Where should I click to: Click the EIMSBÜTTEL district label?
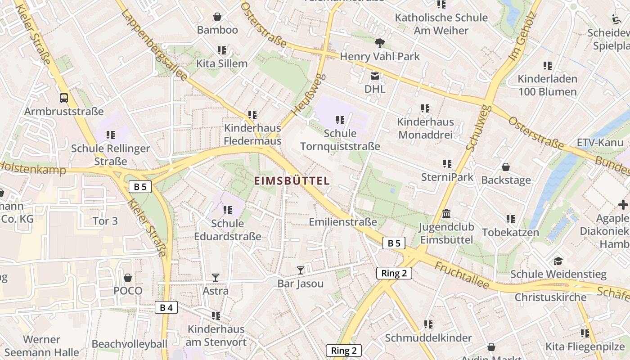click(292, 181)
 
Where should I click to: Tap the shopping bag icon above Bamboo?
click(217, 17)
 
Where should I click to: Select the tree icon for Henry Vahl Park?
click(380, 43)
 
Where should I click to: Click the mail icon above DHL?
click(374, 76)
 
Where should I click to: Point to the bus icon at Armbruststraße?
click(64, 98)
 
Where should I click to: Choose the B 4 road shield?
click(166, 307)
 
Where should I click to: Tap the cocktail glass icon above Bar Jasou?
click(301, 270)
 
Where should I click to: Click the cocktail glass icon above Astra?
click(216, 277)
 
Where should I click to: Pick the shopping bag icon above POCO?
click(128, 277)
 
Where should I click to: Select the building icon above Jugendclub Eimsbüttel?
click(446, 213)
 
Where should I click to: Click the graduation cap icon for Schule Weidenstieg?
click(558, 261)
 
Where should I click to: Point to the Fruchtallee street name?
click(461, 275)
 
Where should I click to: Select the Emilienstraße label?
click(343, 222)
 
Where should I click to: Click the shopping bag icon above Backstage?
click(506, 167)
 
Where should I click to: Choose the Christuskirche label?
click(550, 297)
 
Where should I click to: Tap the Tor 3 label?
click(105, 221)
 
